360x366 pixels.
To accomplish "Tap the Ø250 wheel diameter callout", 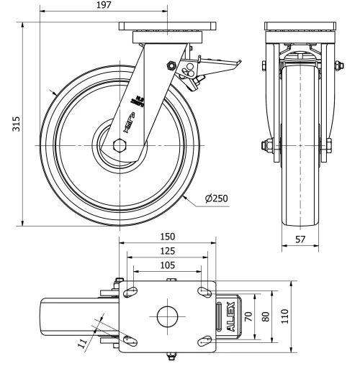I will click(x=216, y=198).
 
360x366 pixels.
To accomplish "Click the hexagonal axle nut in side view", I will click(x=120, y=145).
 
